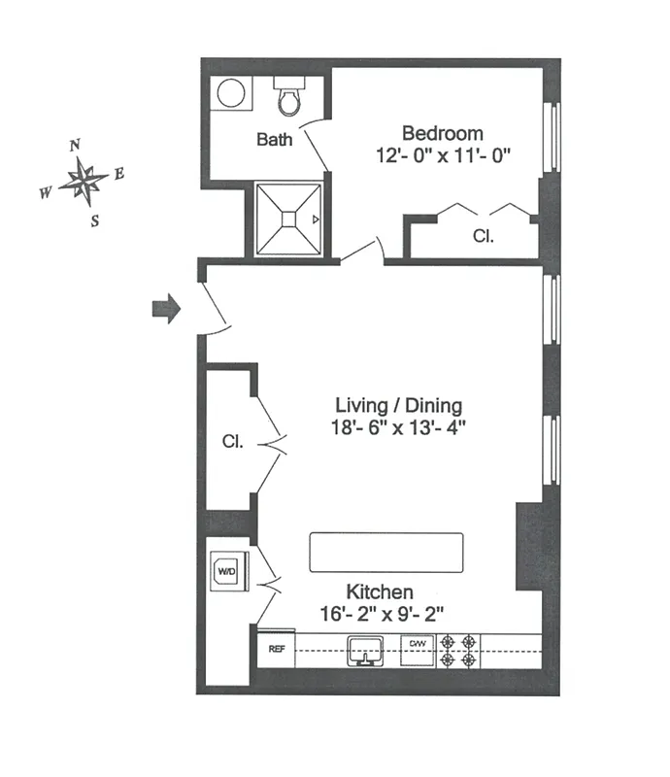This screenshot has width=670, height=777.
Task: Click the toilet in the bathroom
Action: point(288,96)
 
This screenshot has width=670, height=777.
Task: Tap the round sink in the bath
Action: point(231,93)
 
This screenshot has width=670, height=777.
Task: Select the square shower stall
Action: point(288,220)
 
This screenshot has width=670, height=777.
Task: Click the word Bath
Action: point(274,140)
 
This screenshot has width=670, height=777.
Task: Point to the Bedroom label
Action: point(442,133)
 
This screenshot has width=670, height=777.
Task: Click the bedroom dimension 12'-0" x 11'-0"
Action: point(442,154)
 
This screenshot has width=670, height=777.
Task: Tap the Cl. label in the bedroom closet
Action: point(483,235)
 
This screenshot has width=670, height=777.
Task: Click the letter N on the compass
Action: point(75,146)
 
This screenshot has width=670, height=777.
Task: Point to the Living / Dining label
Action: point(398,405)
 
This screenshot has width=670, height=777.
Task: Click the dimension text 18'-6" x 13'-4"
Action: point(398,427)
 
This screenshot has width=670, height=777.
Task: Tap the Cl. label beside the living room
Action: point(231,441)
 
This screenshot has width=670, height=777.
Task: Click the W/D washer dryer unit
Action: point(226,571)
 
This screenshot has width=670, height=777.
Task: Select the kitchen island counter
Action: point(386,553)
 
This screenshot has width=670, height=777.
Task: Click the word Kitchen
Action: point(380,591)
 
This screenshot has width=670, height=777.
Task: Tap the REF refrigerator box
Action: point(276,650)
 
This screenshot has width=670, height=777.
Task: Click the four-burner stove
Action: point(458,650)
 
